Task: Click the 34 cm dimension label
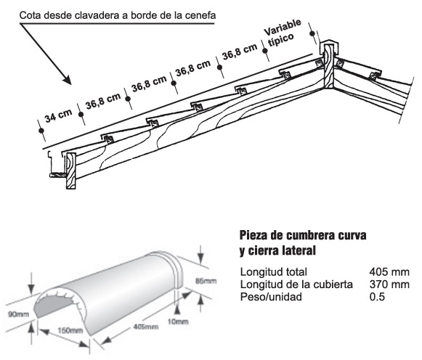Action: coord(58,115)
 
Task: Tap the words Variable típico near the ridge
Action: coord(282,33)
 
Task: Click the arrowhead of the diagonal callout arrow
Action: coord(67,80)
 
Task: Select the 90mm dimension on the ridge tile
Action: coord(18,314)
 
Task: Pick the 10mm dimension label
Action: coord(178,322)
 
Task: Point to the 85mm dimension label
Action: coord(206,281)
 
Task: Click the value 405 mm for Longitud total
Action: coord(389,272)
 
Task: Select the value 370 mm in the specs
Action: coord(389,285)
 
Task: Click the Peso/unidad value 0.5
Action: coord(377,297)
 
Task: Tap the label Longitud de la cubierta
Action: coord(296,285)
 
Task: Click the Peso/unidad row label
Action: coord(271,297)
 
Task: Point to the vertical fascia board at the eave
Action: coord(71,171)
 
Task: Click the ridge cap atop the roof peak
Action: coord(328,47)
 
